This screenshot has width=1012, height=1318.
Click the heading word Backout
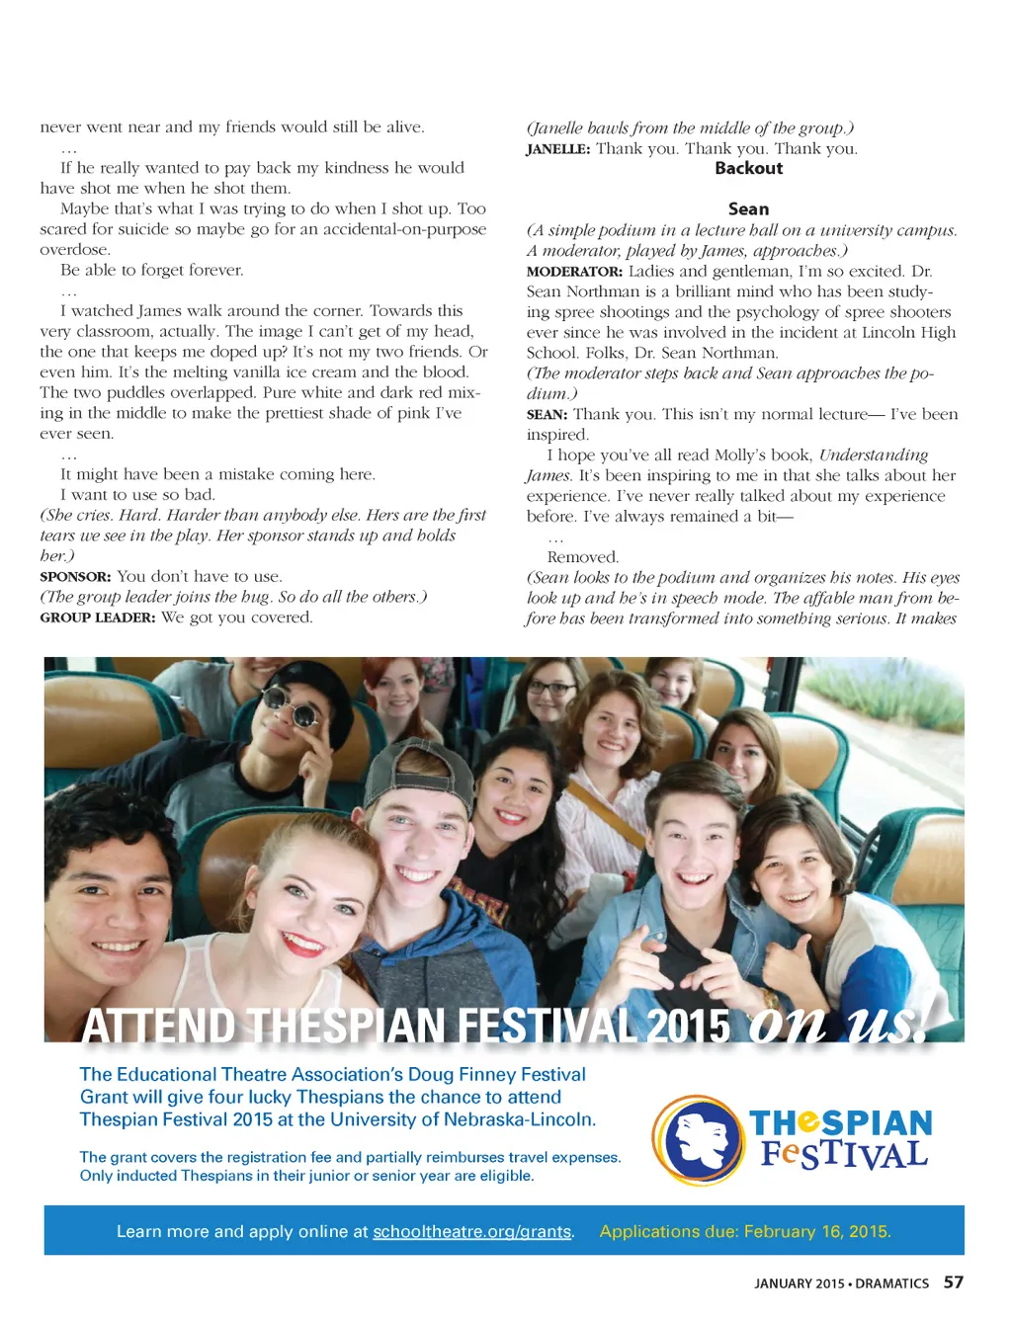[x=748, y=168]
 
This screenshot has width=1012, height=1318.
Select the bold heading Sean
[x=748, y=208]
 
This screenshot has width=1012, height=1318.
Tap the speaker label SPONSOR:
[x=75, y=577]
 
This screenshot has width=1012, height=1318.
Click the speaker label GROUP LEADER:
[x=97, y=618]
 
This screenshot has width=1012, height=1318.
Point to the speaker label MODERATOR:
[x=574, y=272]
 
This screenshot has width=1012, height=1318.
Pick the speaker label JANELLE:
[x=557, y=149]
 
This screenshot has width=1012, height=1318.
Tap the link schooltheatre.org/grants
[x=471, y=1231]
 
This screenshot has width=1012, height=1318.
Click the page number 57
[x=953, y=1281]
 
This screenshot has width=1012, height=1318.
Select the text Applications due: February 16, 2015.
[x=745, y=1231]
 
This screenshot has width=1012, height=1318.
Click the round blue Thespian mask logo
[x=698, y=1139]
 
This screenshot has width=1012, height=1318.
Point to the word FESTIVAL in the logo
[x=844, y=1155]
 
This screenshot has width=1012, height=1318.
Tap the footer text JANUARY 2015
[x=799, y=1283]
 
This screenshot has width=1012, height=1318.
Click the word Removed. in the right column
[x=582, y=557]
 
